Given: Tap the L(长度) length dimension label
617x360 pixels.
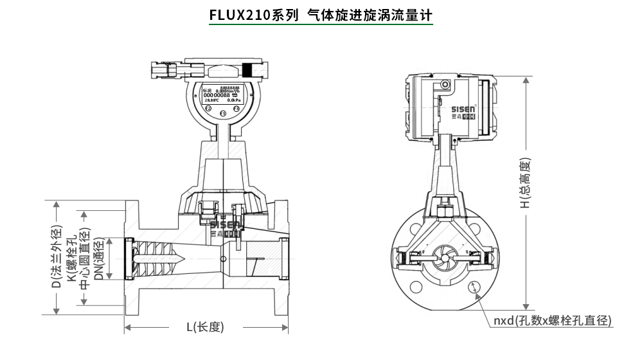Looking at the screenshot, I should pyautogui.click(x=205, y=327).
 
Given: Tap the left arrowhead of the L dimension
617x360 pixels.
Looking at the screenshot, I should pyautogui.click(x=128, y=328).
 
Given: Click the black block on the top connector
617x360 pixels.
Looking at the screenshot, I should pyautogui.click(x=248, y=69).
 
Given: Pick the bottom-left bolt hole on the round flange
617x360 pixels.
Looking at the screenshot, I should pyautogui.click(x=416, y=287).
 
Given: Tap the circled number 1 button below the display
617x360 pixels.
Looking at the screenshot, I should pyautogui.click(x=222, y=114).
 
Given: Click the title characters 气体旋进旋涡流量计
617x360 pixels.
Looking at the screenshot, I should pyautogui.click(x=370, y=15).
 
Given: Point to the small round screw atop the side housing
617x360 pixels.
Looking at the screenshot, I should pyautogui.click(x=444, y=85).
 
